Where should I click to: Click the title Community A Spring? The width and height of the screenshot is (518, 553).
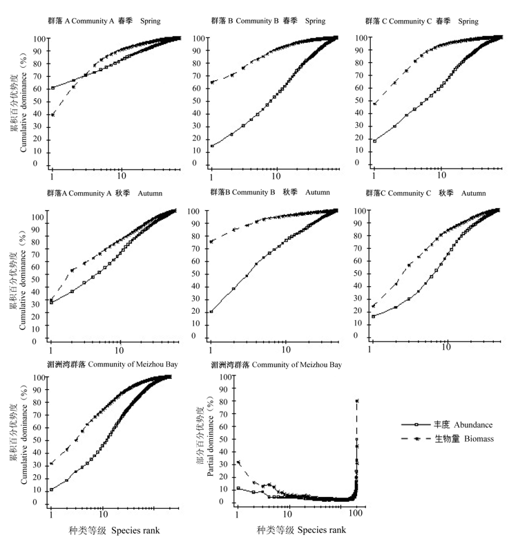(104, 21)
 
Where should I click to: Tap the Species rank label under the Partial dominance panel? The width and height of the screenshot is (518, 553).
(301, 530)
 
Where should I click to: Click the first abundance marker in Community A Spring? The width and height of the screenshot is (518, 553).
(52, 88)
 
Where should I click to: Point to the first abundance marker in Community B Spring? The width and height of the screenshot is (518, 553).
(212, 146)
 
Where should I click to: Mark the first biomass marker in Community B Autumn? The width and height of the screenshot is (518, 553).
(212, 241)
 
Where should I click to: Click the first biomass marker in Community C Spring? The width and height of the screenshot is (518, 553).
(375, 104)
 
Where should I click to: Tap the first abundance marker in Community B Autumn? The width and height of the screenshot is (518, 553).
(211, 311)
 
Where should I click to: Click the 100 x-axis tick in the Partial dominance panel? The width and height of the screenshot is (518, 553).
(356, 514)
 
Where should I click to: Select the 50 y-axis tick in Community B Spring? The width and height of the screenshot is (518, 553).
(197, 101)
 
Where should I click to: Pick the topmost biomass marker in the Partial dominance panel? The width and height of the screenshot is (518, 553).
(357, 401)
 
